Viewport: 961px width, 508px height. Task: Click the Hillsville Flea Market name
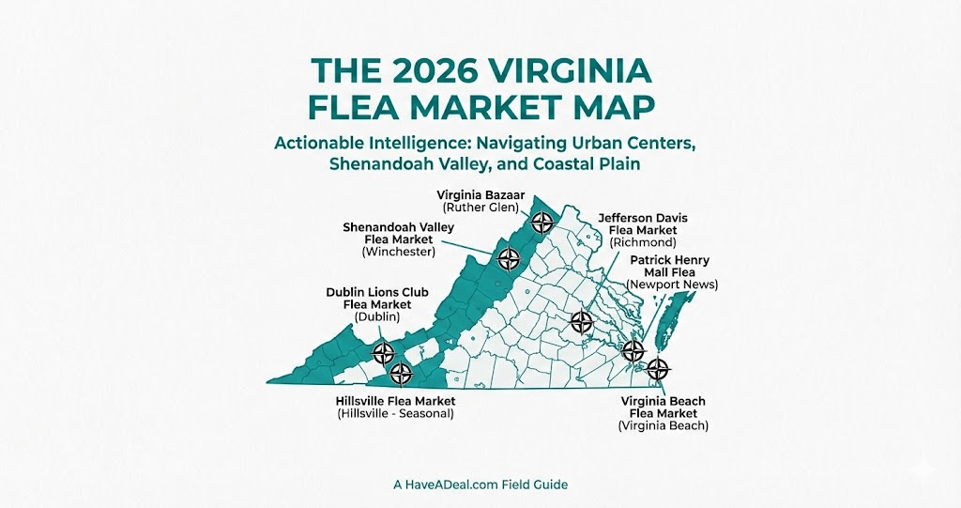pos(395,401)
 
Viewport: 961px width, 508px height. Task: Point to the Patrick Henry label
pos(669,260)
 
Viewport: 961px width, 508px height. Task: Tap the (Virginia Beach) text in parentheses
pos(664,426)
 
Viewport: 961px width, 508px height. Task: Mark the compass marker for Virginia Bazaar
pos(542,223)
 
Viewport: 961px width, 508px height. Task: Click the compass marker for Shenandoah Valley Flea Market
pos(509,258)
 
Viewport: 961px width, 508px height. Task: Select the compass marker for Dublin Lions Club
pos(383,354)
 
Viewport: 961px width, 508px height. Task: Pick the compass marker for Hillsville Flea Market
pos(401,374)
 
